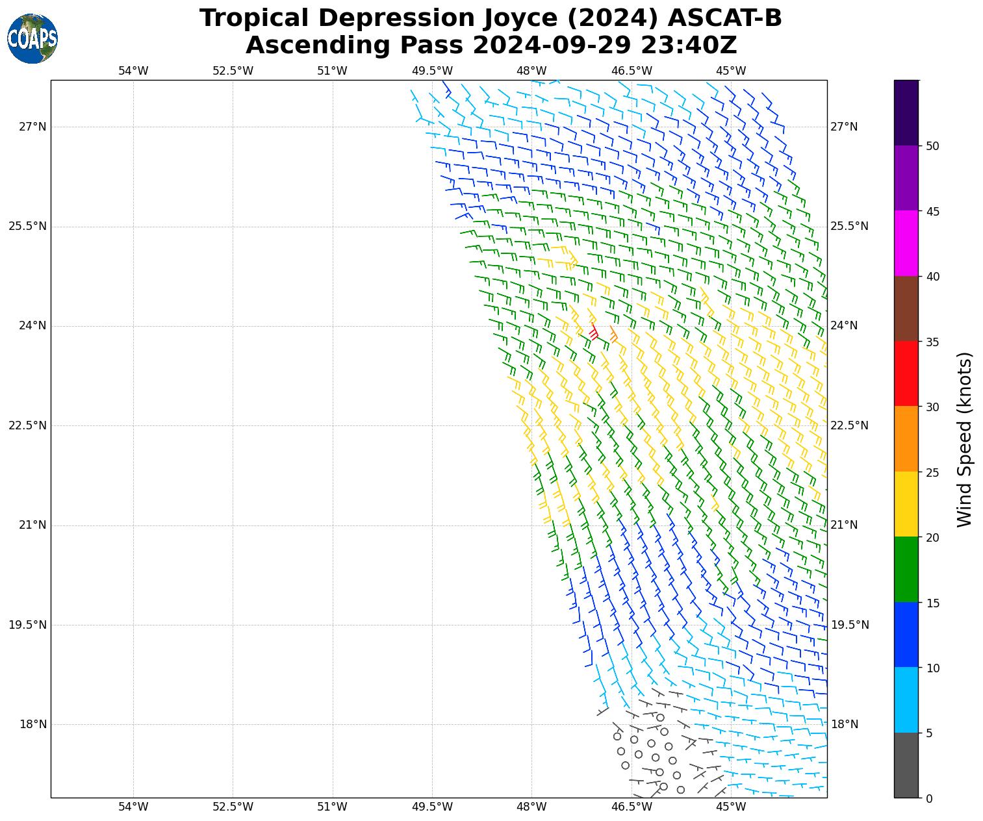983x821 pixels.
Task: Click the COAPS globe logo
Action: click(x=32, y=39)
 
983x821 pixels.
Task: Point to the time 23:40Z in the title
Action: click(x=689, y=45)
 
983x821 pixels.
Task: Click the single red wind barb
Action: click(x=593, y=332)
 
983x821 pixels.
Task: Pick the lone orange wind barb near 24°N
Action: click(x=614, y=335)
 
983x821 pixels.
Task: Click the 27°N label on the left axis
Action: click(x=32, y=127)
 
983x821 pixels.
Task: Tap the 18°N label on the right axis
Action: click(x=845, y=725)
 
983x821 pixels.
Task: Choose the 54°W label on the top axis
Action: click(x=133, y=71)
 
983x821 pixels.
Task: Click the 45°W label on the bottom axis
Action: click(x=731, y=807)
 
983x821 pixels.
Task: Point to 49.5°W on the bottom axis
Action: click(x=432, y=807)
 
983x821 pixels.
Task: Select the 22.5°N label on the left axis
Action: click(x=28, y=425)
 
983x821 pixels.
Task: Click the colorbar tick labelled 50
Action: click(x=932, y=146)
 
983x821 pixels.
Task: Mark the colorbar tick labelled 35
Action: click(x=932, y=342)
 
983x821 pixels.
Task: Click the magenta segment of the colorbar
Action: click(x=906, y=243)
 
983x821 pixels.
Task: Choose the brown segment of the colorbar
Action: click(x=906, y=309)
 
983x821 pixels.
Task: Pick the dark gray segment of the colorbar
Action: click(x=906, y=765)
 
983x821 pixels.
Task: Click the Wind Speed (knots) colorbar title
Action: click(x=965, y=439)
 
